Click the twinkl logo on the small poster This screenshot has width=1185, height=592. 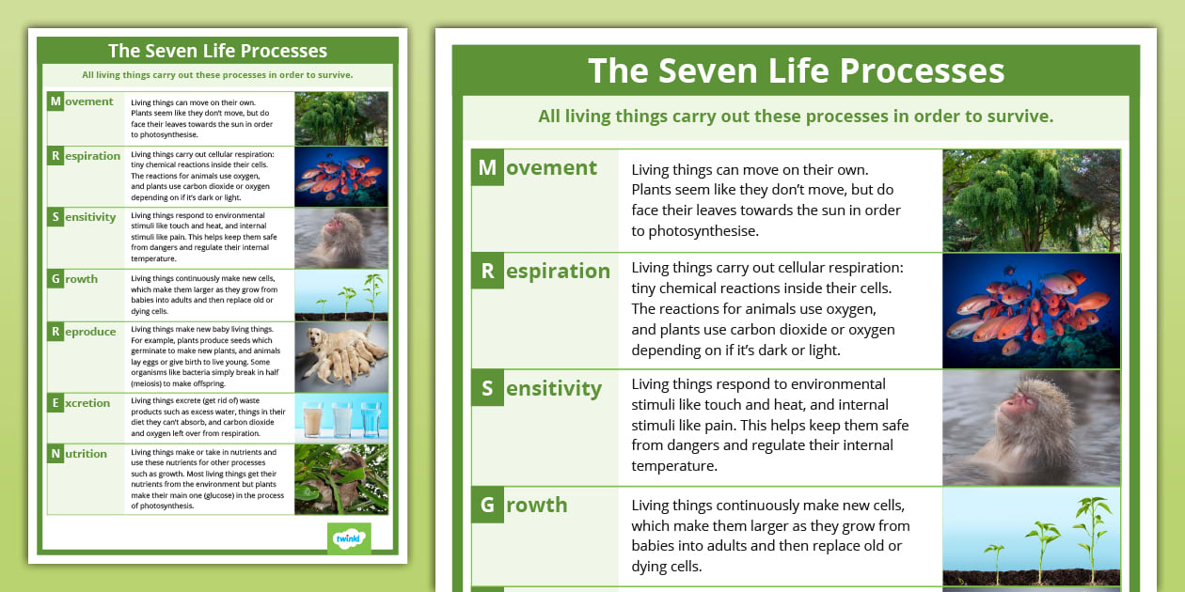point(349,537)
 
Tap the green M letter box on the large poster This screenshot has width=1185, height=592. point(487,167)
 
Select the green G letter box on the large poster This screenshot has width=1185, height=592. point(487,505)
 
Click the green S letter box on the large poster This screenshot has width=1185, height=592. point(487,388)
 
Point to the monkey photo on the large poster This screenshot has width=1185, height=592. point(1031,428)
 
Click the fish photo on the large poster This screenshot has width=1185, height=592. point(1031,311)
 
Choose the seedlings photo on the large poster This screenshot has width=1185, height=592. point(1031,537)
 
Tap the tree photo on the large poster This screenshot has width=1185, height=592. point(1031,200)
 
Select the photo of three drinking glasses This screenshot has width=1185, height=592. point(341,417)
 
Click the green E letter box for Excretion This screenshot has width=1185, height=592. point(55,403)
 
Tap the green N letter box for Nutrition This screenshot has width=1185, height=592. point(55,454)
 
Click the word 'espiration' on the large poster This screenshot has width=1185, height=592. point(558,271)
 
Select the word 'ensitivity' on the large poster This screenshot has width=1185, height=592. point(553,388)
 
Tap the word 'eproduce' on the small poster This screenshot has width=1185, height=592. point(90,332)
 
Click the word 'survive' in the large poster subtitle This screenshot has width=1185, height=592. point(1018,117)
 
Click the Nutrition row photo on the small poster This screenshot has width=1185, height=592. point(341,479)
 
